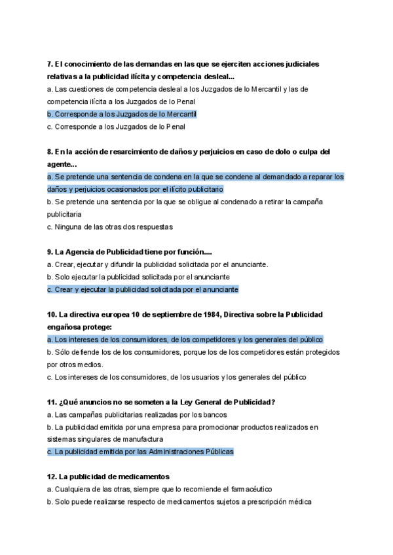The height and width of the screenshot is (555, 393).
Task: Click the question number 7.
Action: [50, 64]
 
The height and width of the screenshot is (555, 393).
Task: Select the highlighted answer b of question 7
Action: [122, 114]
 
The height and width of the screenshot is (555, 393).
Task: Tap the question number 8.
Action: [50, 152]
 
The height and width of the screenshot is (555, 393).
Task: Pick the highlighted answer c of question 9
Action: [143, 289]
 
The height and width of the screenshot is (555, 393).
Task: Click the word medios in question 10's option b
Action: [86, 365]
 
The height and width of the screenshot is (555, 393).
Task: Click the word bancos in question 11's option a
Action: [215, 414]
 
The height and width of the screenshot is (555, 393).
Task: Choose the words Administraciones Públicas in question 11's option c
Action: [193, 452]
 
